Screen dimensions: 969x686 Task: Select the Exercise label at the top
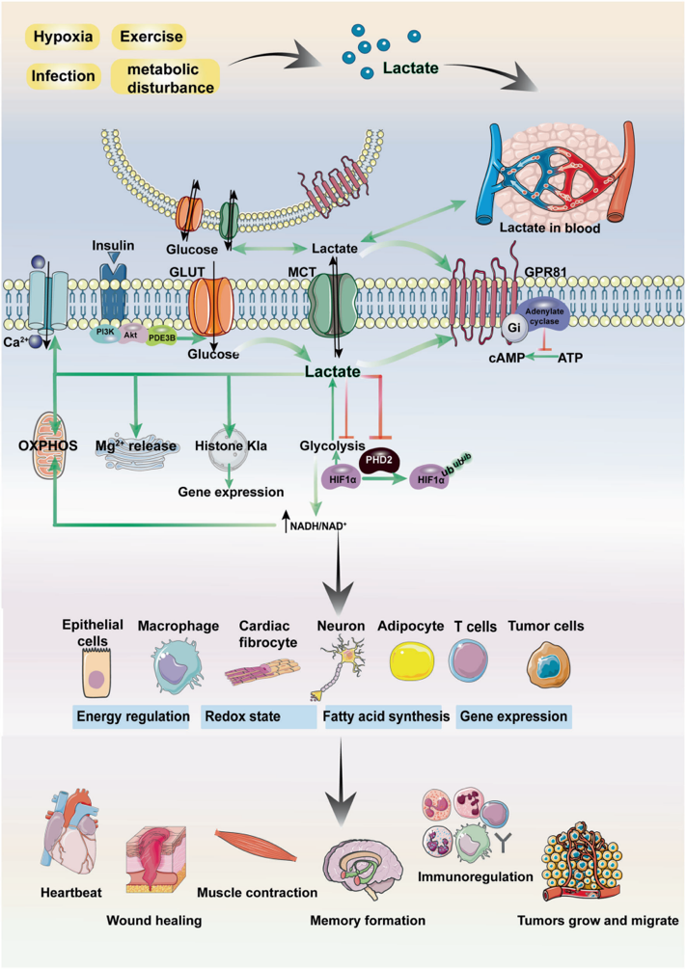click(x=148, y=37)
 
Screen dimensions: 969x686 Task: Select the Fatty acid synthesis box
click(x=385, y=716)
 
